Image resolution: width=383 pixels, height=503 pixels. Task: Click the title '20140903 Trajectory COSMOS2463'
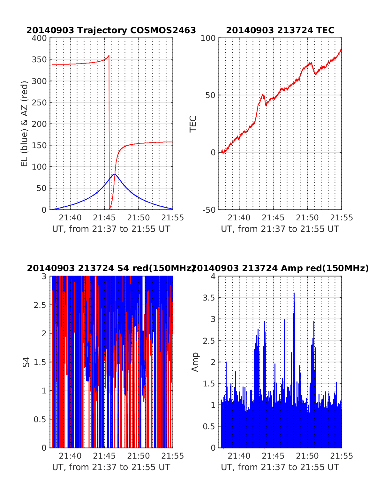(111, 30)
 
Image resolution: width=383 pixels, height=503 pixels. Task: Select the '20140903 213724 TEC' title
(280, 30)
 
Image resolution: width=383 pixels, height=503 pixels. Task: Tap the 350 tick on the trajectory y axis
(39, 59)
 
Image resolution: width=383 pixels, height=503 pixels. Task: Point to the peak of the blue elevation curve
(115, 174)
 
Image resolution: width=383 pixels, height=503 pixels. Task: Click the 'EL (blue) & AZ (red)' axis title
(25, 124)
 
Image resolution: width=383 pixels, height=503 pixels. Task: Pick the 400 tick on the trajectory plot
(39, 38)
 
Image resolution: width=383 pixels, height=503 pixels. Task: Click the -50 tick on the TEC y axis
(209, 210)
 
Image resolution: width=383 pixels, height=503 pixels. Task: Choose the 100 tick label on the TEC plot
(208, 38)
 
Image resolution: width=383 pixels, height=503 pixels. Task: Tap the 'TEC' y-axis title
(193, 124)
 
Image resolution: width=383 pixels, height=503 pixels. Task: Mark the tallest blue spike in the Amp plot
(294, 293)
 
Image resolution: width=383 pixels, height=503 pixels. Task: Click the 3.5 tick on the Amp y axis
(209, 298)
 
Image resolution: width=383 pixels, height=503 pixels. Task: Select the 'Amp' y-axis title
(195, 362)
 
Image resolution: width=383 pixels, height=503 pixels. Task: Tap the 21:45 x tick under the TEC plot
(273, 218)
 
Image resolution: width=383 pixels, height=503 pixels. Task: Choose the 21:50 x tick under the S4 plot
(139, 456)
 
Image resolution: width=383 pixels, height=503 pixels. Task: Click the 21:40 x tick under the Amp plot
(239, 456)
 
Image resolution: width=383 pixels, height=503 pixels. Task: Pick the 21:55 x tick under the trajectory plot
(173, 218)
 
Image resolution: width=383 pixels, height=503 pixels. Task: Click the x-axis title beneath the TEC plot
(280, 229)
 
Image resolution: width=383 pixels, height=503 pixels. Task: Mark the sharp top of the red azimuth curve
(109, 56)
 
